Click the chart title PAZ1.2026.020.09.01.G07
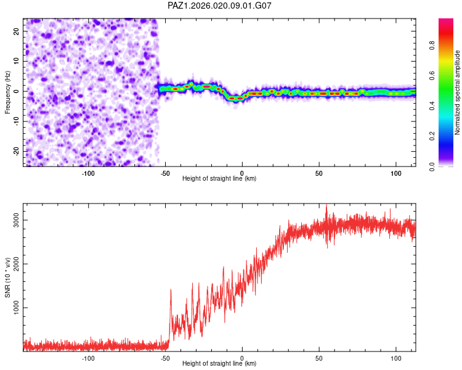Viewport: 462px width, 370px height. [x=220, y=6]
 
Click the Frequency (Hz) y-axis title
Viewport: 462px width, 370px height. [x=8, y=92]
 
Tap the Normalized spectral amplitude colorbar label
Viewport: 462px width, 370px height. [x=458, y=92]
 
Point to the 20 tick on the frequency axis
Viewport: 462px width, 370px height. [x=17, y=31]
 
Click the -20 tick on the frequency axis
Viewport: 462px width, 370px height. [x=15, y=152]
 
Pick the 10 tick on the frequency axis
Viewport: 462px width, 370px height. [x=17, y=61]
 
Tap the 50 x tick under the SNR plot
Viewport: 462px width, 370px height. [x=319, y=358]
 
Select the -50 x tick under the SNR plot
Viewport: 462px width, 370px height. [x=164, y=358]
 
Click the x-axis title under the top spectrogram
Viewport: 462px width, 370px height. [x=219, y=179]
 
